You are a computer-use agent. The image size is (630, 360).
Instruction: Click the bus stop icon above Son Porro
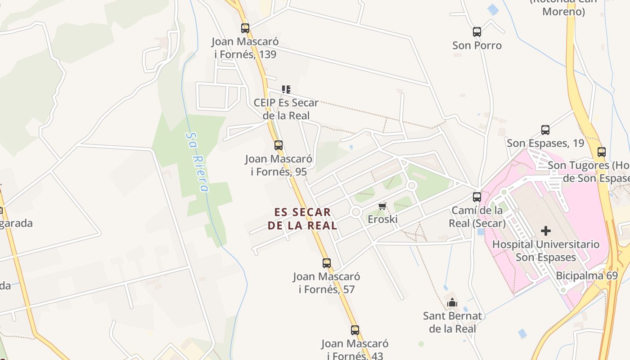click(477, 32)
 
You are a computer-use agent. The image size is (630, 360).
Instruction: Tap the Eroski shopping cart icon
click(382, 207)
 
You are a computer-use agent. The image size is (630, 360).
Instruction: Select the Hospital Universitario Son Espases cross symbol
click(546, 231)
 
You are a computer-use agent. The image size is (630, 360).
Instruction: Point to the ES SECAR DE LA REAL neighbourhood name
click(302, 219)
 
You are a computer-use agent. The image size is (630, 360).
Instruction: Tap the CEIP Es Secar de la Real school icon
click(286, 90)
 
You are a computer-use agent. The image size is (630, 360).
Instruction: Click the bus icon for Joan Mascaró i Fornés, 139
click(245, 28)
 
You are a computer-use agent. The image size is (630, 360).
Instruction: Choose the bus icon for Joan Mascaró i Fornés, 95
click(279, 145)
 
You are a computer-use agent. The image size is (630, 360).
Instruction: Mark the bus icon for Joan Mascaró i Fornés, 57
click(327, 263)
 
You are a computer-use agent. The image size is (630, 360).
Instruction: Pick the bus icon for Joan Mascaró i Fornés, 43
click(355, 330)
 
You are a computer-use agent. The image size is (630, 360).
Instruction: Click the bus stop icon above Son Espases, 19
click(545, 130)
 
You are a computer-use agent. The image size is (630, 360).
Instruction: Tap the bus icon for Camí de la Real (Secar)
click(477, 197)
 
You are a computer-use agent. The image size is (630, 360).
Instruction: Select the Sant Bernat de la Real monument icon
click(452, 303)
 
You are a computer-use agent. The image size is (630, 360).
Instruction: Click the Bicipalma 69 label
click(587, 275)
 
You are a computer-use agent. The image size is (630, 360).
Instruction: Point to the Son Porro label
click(477, 45)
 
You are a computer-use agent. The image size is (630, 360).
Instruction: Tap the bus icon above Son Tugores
click(602, 152)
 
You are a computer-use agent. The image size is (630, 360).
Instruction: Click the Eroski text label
click(382, 220)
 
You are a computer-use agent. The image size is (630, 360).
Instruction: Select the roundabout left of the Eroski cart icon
click(356, 211)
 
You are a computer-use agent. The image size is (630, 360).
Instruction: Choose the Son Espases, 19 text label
click(545, 144)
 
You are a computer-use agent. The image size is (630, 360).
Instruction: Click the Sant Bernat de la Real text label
click(452, 322)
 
